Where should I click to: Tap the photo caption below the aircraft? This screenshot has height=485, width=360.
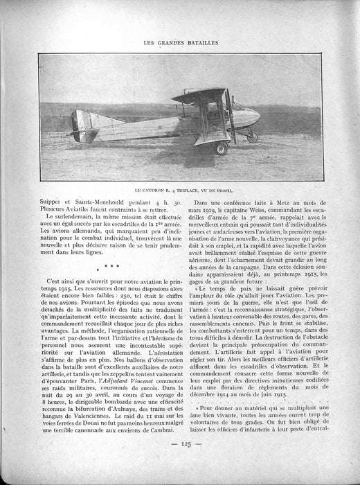(179, 188)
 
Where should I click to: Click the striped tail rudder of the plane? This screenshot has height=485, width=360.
(80, 125)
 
